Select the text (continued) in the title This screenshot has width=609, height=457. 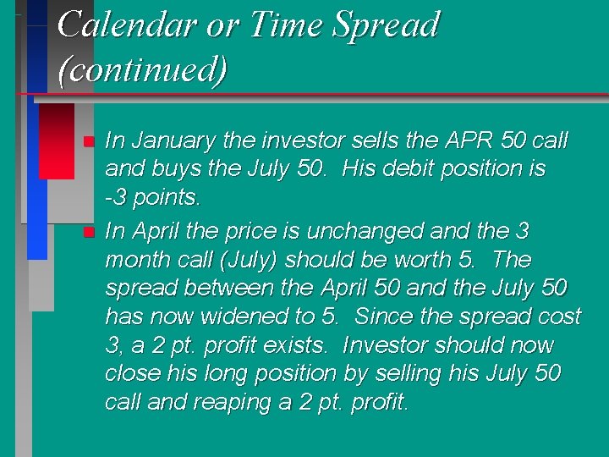[x=142, y=69]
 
